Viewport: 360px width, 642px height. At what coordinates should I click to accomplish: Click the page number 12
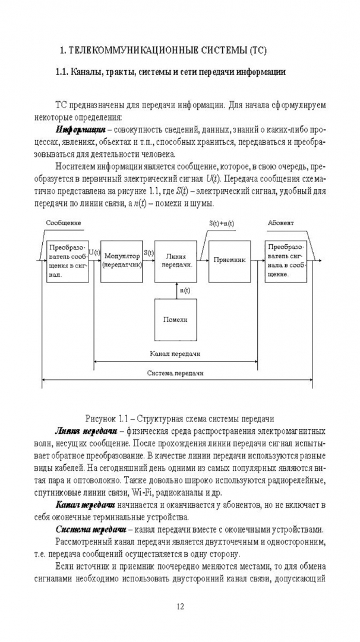coord(181,607)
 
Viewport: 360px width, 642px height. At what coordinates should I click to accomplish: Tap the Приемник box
coord(228,260)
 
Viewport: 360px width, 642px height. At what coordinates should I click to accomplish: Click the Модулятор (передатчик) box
coord(121,260)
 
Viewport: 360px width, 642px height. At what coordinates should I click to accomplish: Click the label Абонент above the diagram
coord(280,222)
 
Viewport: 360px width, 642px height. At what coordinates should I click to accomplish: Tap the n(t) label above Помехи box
coord(185,290)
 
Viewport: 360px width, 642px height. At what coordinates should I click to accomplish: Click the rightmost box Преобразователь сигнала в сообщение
coord(286,260)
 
